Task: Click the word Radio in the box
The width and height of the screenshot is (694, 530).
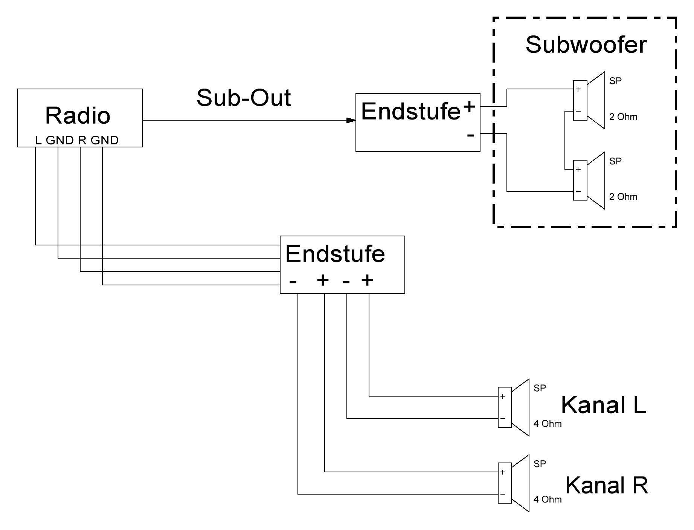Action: (78, 116)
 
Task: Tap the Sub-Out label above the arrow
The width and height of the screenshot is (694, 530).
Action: (244, 98)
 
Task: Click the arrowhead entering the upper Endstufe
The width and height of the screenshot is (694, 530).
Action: (351, 120)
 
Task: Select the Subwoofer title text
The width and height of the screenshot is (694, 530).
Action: (586, 45)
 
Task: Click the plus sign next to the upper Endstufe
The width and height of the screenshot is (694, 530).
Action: (469, 107)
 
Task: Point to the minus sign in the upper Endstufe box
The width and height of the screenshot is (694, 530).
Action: (470, 135)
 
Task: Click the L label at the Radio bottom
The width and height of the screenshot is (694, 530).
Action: (38, 141)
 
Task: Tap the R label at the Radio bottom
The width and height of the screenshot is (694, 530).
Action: (82, 141)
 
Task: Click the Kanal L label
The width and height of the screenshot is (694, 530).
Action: (603, 405)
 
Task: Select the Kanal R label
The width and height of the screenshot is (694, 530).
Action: (607, 485)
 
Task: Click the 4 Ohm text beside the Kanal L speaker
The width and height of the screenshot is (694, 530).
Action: (547, 424)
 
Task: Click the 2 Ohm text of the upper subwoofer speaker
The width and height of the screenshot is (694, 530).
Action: (623, 117)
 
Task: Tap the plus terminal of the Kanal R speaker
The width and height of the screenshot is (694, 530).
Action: (503, 472)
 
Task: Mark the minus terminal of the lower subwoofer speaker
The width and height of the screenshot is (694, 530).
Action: (578, 191)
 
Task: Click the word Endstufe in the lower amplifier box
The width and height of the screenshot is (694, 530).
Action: (335, 254)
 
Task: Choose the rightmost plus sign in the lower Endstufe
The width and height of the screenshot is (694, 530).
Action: (367, 280)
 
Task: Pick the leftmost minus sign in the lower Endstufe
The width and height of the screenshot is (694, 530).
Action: (293, 282)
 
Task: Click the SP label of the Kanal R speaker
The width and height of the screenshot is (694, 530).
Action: (540, 464)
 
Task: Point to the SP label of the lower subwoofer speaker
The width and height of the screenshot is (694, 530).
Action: (615, 161)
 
